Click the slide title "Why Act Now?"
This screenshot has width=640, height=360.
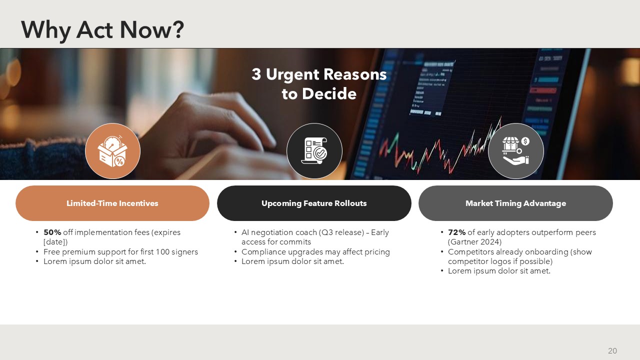102,30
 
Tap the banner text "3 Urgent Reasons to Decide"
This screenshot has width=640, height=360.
319,83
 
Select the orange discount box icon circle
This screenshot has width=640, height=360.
113,151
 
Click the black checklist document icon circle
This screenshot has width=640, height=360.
314,151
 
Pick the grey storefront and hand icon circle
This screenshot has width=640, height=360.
515,151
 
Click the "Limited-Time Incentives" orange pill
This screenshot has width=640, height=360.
112,203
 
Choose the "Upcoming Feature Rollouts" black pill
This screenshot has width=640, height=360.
314,203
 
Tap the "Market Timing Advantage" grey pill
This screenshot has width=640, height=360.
515,203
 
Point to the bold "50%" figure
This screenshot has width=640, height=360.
52,232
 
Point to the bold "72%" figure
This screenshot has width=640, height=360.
457,232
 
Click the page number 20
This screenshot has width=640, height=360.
612,351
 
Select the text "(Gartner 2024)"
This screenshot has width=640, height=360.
474,242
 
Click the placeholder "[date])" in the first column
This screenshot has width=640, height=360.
55,242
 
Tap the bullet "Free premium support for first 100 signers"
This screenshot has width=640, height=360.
120,251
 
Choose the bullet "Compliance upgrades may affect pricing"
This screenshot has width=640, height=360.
315,251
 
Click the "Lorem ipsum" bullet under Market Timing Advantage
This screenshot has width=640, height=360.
499,271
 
